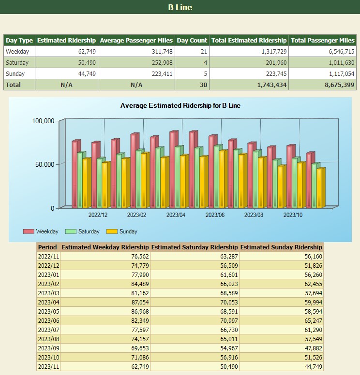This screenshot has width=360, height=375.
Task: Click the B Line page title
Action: coord(180,7)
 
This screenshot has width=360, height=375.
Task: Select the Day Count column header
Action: coord(192,41)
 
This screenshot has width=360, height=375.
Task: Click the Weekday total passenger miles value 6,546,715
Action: coord(342,52)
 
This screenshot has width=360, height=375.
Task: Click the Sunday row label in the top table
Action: coord(15,74)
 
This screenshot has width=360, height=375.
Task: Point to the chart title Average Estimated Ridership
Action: coord(180,105)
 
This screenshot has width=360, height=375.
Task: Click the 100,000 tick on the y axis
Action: coord(43,121)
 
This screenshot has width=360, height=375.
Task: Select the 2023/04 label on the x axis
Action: coord(176,215)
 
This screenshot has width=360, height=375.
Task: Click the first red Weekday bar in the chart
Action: coord(75,174)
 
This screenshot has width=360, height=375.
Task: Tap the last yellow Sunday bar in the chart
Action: coord(320,188)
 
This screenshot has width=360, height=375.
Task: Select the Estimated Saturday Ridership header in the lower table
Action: coord(195,247)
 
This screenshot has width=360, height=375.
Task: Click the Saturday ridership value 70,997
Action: coord(226,321)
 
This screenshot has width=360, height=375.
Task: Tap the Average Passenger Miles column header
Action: coord(136,41)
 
